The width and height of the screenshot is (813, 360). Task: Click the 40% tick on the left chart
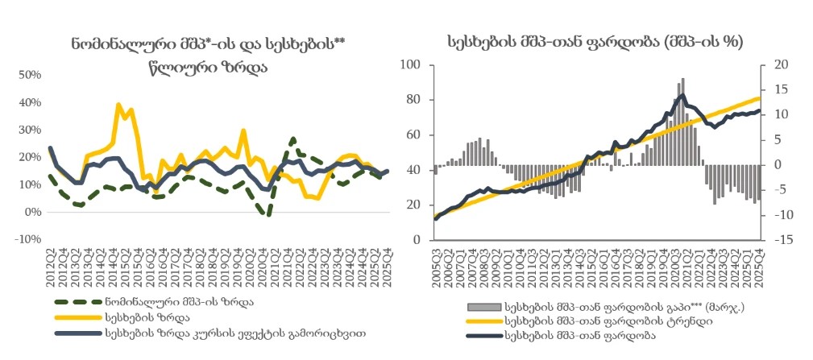(31, 103)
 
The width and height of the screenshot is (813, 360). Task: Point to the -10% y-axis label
(29, 240)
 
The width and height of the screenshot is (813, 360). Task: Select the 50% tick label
(31, 76)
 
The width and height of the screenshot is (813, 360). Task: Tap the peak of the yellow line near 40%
(118, 104)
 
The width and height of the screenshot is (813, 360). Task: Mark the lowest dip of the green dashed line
(268, 214)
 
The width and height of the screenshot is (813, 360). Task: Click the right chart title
(595, 40)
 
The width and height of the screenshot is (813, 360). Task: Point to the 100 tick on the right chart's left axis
(413, 64)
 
